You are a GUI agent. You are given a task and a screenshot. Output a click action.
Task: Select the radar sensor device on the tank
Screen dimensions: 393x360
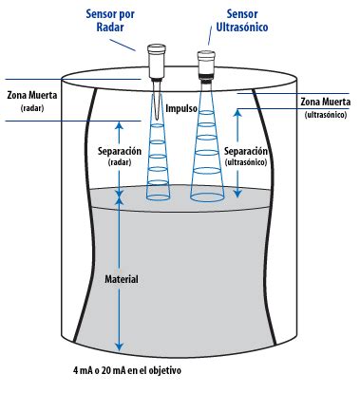[x=156, y=61]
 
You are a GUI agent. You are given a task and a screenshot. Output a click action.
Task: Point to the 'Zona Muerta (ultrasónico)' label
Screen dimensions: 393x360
[x=326, y=106]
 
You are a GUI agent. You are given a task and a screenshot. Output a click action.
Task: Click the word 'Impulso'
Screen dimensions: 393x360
[x=180, y=109]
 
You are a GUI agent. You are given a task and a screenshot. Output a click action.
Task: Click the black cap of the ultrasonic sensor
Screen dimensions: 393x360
[x=204, y=56]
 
